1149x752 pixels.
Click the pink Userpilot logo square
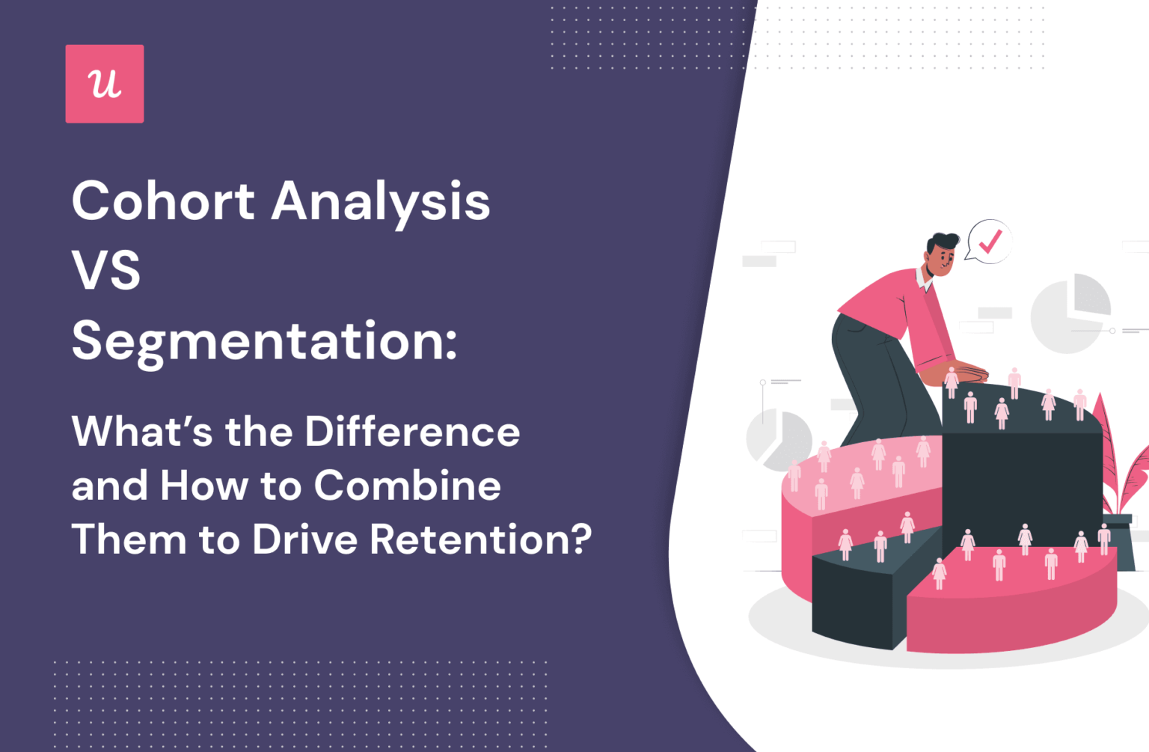click(105, 84)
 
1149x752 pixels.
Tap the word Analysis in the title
click(380, 202)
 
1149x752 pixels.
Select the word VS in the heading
click(106, 270)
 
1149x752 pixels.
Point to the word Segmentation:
click(264, 341)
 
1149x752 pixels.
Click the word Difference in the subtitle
click(412, 432)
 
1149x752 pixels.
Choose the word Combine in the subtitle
click(407, 486)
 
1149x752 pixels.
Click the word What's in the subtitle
click(141, 432)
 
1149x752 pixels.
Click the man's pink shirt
click(894, 303)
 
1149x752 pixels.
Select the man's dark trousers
click(871, 374)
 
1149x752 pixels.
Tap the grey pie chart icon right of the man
click(1070, 313)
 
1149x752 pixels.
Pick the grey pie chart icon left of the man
click(778, 438)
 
